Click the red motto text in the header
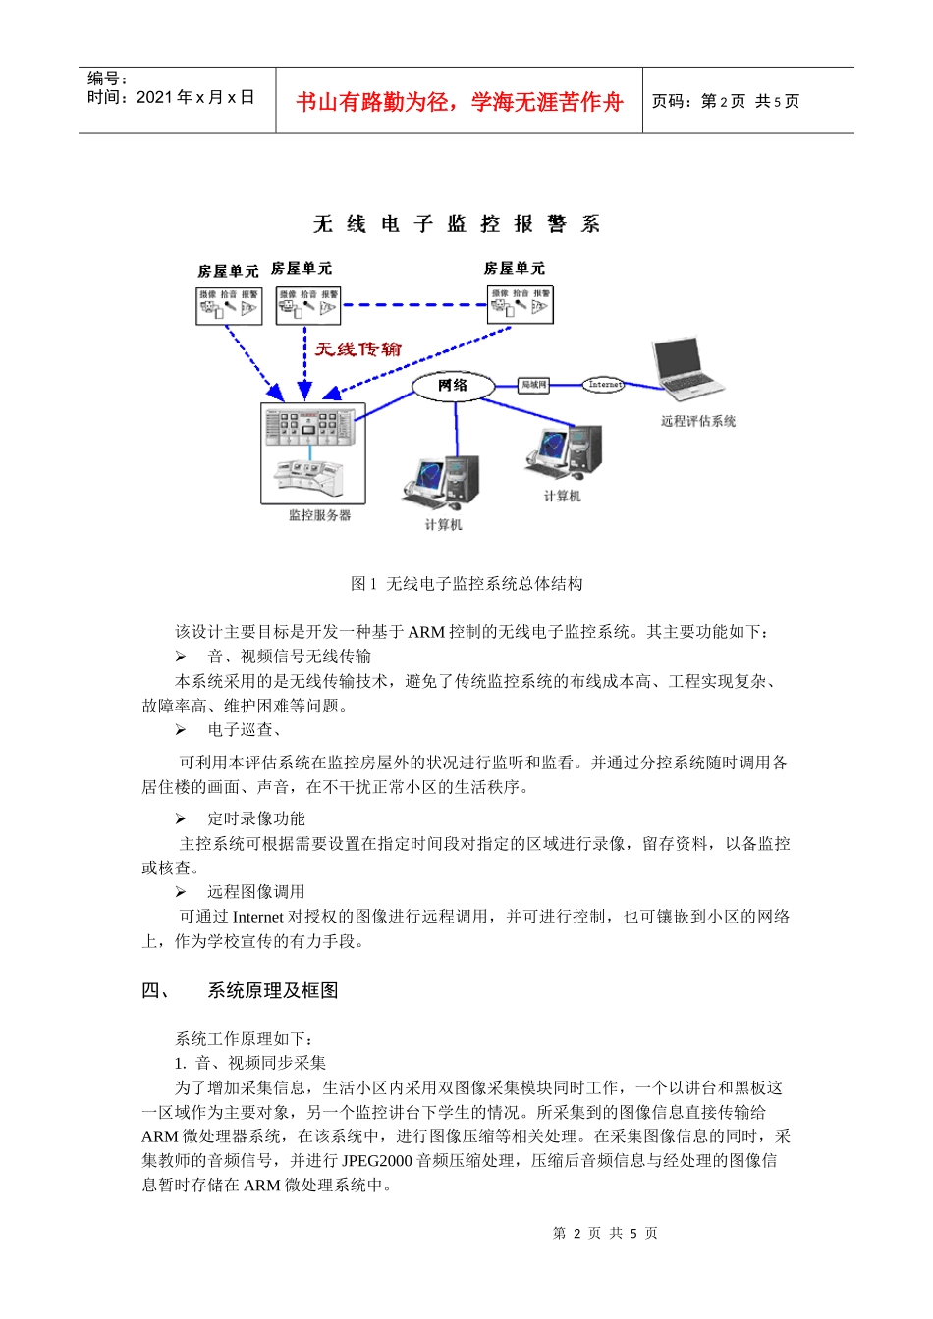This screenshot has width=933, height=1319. pyautogui.click(x=459, y=102)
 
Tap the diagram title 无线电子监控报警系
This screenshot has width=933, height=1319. pyautogui.click(x=456, y=225)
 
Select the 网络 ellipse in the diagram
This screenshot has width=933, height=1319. pyautogui.click(x=454, y=386)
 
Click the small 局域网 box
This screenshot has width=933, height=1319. pyautogui.click(x=533, y=385)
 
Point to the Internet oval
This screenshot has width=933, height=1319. pyautogui.click(x=604, y=385)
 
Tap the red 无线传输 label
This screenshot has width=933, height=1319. pyautogui.click(x=357, y=349)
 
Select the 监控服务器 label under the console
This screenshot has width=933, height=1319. pyautogui.click(x=319, y=515)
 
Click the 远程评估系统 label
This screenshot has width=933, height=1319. pyautogui.click(x=697, y=421)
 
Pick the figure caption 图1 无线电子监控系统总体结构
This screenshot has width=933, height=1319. pyautogui.click(x=466, y=584)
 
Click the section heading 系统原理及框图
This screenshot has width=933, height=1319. pyautogui.click(x=272, y=991)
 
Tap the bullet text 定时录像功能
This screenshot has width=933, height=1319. pyautogui.click(x=256, y=818)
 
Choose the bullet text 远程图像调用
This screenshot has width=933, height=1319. pyautogui.click(x=256, y=892)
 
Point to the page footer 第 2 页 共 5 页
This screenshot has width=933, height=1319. pyautogui.click(x=605, y=1233)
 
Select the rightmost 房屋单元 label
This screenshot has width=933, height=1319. pyautogui.click(x=514, y=268)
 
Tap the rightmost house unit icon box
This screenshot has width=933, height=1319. pyautogui.click(x=521, y=304)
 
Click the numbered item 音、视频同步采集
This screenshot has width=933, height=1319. pyautogui.click(x=260, y=1063)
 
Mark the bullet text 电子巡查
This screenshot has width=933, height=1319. pyautogui.click(x=244, y=730)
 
